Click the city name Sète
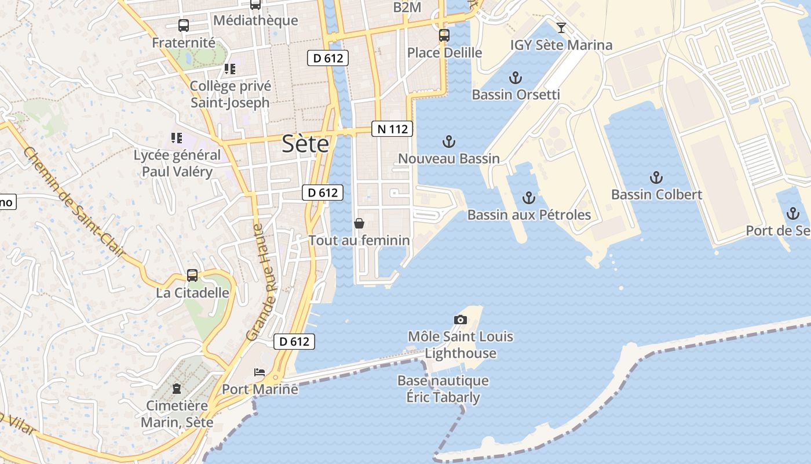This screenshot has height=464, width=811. click(x=305, y=144)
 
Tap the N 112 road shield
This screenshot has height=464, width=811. click(x=392, y=129)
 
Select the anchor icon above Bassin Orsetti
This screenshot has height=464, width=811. click(x=515, y=78)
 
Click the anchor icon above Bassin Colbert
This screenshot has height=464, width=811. click(x=656, y=177)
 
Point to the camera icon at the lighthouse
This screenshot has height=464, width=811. click(x=461, y=320)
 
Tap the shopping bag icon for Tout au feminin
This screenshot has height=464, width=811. click(x=359, y=223)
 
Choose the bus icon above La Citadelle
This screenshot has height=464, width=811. click(x=192, y=275)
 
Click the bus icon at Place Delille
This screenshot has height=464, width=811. click(x=444, y=35)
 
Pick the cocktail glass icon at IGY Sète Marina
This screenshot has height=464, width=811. click(x=561, y=27)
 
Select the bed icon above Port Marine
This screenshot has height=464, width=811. click(x=260, y=372)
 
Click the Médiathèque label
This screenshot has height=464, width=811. click(x=255, y=20)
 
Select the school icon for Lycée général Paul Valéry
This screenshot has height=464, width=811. click(x=177, y=138)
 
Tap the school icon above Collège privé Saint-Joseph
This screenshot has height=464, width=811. click(x=230, y=69)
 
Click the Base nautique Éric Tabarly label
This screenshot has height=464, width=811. click(x=443, y=389)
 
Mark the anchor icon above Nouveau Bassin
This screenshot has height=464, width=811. click(x=448, y=142)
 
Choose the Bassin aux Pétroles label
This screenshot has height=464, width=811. click(x=529, y=215)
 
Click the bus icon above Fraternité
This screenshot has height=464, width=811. click(x=184, y=26)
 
